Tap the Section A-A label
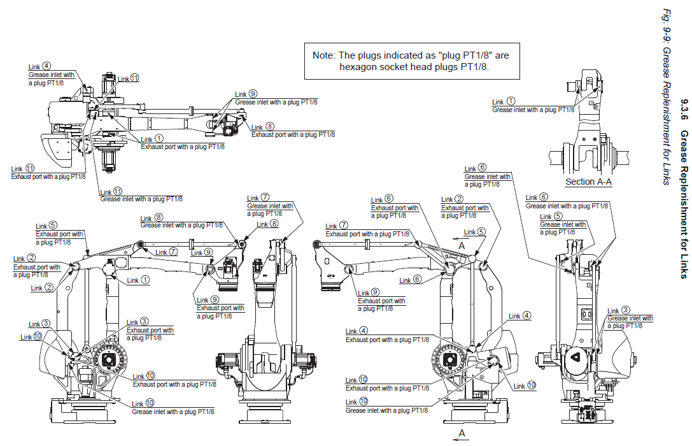(588, 182)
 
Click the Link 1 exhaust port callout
(182, 146)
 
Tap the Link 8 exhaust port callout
(293, 134)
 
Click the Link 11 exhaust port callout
(48, 176)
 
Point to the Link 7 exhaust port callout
(367, 233)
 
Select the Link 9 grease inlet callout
(276, 101)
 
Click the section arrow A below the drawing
(462, 433)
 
